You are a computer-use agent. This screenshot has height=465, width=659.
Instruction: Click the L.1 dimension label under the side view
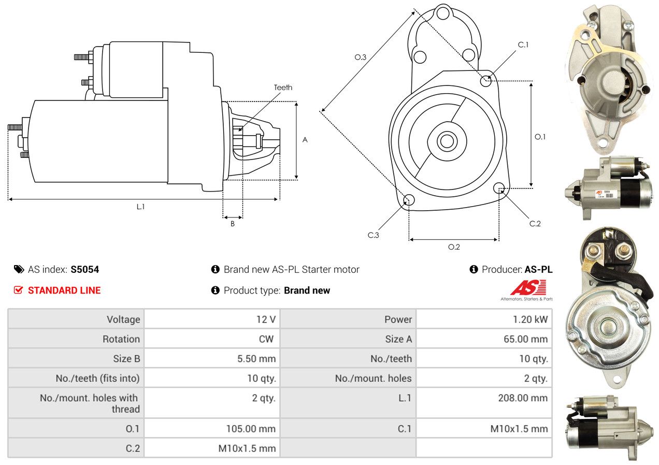click(140, 207)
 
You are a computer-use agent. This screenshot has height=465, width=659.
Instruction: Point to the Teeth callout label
click(283, 88)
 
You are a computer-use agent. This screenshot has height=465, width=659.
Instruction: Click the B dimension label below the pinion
click(233, 224)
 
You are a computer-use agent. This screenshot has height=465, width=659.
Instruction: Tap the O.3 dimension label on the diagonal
click(361, 57)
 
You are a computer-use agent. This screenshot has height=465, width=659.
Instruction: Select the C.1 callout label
click(523, 45)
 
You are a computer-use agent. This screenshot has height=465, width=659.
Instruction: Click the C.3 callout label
click(374, 235)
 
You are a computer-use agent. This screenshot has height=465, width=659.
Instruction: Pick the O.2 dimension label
click(454, 247)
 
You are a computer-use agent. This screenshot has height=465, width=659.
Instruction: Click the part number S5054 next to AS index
click(85, 269)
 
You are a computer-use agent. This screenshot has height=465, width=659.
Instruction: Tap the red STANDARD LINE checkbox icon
click(18, 290)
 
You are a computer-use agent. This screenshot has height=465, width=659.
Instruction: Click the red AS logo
click(527, 288)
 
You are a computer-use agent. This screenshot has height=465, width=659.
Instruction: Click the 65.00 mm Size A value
click(525, 339)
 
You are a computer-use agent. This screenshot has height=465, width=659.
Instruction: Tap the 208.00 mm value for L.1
click(523, 398)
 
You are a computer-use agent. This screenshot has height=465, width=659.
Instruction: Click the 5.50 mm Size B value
click(256, 358)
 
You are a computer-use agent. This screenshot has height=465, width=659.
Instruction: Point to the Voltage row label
click(123, 319)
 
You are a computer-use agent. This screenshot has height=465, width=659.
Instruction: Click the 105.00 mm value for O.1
click(251, 429)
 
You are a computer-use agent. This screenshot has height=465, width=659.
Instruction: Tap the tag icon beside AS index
click(19, 269)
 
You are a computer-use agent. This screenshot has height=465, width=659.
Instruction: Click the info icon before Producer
click(474, 269)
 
